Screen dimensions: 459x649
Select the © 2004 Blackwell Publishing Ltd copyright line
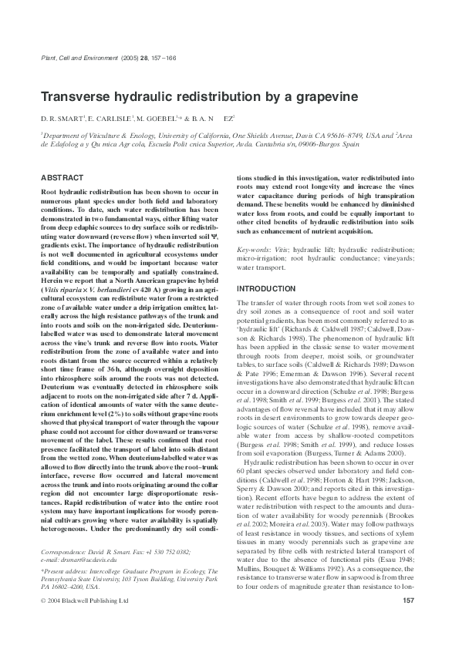[84, 599]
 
